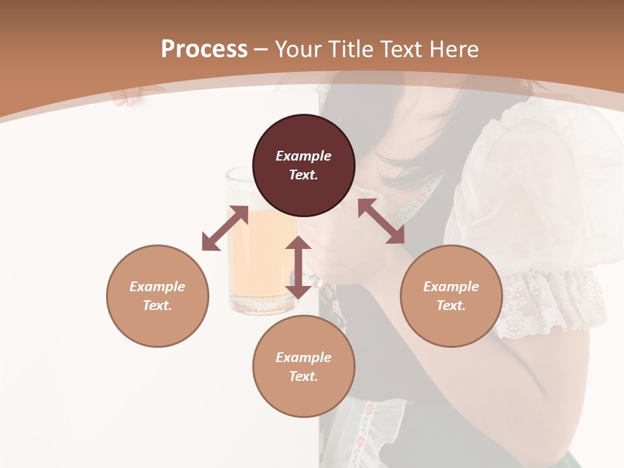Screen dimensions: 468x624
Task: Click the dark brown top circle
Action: click(x=304, y=166)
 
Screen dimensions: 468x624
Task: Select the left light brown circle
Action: click(x=157, y=296)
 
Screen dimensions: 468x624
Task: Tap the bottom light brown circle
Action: click(x=304, y=366)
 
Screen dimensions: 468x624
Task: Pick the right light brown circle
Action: click(x=451, y=296)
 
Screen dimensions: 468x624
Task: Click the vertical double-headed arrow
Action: click(x=298, y=267)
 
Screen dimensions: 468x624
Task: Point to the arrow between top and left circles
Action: click(x=225, y=228)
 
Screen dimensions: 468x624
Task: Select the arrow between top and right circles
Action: click(x=381, y=221)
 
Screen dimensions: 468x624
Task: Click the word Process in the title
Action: click(x=204, y=49)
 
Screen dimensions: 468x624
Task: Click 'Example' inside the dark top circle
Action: click(x=304, y=156)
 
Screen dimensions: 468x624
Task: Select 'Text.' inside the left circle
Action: click(x=157, y=305)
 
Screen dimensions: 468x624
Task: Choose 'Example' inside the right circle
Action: click(x=451, y=287)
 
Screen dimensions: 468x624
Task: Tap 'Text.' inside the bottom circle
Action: click(x=304, y=376)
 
